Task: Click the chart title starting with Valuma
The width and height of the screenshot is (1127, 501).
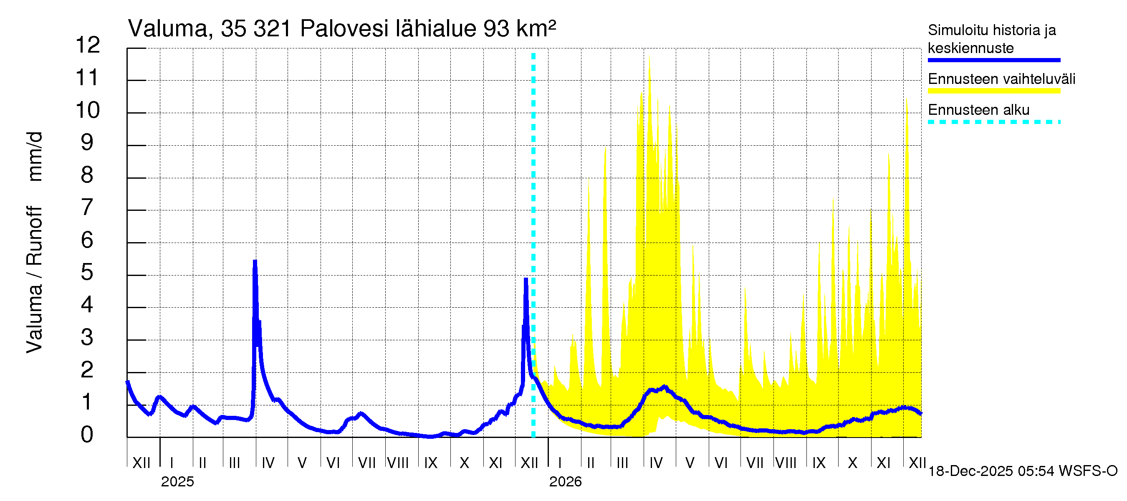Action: click(342, 29)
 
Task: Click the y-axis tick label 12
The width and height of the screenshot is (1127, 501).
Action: click(88, 45)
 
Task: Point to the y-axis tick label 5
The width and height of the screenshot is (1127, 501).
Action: click(87, 272)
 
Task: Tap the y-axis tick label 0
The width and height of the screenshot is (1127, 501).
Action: click(87, 435)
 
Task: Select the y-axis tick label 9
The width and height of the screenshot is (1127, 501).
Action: click(87, 142)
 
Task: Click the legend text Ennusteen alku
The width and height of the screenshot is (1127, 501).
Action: click(978, 110)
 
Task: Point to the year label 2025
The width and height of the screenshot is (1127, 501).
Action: click(177, 482)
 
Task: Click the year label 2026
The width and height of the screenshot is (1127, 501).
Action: click(565, 482)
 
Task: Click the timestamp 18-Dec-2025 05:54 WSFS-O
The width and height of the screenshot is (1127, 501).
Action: click(1022, 471)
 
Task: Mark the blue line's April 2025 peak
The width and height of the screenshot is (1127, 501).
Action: click(255, 261)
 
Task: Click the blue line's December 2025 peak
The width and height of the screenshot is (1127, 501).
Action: click(526, 279)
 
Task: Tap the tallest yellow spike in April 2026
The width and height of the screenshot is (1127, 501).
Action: click(649, 56)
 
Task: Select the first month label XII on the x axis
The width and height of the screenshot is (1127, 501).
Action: click(142, 463)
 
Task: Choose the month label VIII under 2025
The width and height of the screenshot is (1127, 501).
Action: click(398, 463)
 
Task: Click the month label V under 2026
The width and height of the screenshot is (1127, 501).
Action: click(690, 463)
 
